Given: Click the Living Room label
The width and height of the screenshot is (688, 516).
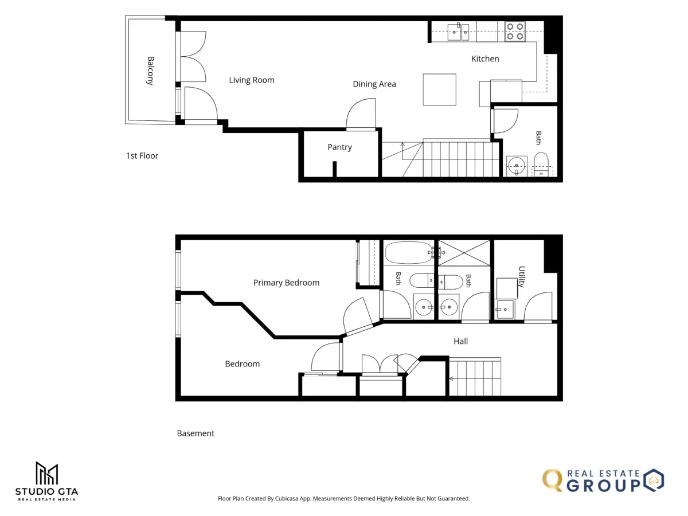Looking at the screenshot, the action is point(251,80).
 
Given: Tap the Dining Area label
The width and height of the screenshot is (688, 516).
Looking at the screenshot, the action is point(374,84).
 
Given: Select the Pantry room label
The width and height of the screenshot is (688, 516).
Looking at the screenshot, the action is point(339,147).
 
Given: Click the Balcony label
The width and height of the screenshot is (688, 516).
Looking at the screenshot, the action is point(150,71).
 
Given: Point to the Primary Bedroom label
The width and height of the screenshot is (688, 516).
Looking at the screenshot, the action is point(286,283).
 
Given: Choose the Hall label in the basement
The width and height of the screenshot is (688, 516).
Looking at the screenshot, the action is point(460,341).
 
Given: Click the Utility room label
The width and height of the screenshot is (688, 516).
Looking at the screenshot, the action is point(522,277).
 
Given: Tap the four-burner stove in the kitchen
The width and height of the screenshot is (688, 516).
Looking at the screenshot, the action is point(515,32).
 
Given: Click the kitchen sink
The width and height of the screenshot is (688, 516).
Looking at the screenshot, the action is point(458,32).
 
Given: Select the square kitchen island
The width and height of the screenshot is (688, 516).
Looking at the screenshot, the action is point(439,89).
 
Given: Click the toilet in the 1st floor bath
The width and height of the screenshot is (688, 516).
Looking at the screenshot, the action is point(541,164).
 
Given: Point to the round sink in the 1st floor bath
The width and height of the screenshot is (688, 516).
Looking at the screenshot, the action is point(516,166).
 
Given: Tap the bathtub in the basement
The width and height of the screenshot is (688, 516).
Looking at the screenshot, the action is point(409,252).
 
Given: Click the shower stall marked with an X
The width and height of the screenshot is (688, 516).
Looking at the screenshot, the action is point(464,253).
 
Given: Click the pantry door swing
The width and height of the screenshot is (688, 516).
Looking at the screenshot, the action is point(361,114).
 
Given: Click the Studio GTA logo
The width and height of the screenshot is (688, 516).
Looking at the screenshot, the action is point(46,481).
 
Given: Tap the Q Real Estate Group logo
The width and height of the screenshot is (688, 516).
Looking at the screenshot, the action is point(603,480).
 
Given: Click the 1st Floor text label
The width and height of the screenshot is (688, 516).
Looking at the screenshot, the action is point(142,156).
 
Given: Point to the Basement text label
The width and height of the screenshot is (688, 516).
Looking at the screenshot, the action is point(196,433).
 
